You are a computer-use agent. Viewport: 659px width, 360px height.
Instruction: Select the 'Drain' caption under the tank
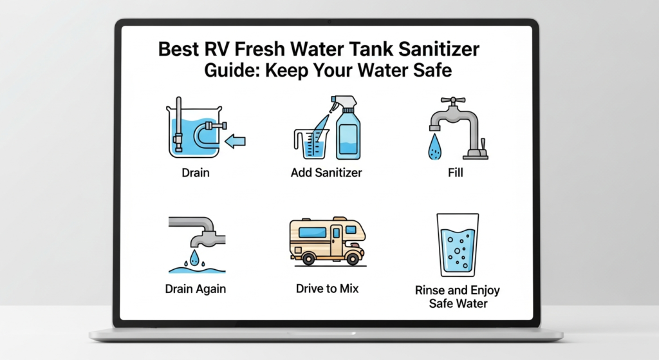coord(195,173)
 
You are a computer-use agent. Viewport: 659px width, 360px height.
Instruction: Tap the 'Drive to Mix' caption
coord(327,289)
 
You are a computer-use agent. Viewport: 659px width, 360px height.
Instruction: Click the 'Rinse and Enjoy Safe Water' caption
coord(457,296)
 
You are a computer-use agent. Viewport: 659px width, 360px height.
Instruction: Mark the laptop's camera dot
coord(329,22)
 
